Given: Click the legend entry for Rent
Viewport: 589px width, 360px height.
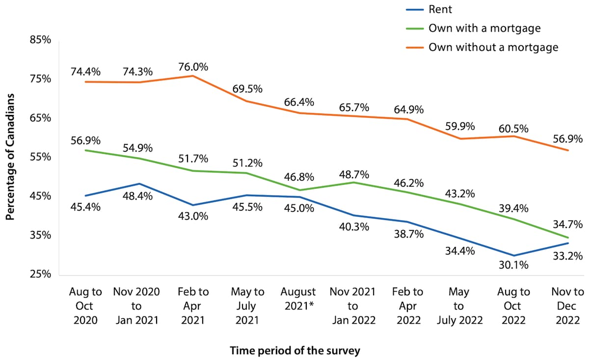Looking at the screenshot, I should pos(439,9).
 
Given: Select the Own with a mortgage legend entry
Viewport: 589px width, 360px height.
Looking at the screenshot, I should pos(484,28).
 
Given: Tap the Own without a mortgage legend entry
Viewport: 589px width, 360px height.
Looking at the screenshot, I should pos(493,47).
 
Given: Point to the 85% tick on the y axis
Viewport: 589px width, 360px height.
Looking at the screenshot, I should pos(41,40).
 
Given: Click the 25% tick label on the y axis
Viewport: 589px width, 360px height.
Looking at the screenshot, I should pos(41,274).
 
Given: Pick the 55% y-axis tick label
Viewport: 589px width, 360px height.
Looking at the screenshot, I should pos(41,157).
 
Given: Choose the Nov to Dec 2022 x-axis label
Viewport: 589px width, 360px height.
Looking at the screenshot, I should pos(567,306).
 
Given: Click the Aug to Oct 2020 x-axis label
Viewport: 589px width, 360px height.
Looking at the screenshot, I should pos(85,306).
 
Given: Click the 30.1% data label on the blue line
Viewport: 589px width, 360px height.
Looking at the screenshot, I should pos(513,265).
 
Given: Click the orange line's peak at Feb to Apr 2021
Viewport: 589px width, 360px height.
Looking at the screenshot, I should pos(193,76).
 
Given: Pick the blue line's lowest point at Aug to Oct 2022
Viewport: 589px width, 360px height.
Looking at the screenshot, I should pos(514,255).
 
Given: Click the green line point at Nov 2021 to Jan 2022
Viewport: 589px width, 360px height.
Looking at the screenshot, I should pos(353,183).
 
